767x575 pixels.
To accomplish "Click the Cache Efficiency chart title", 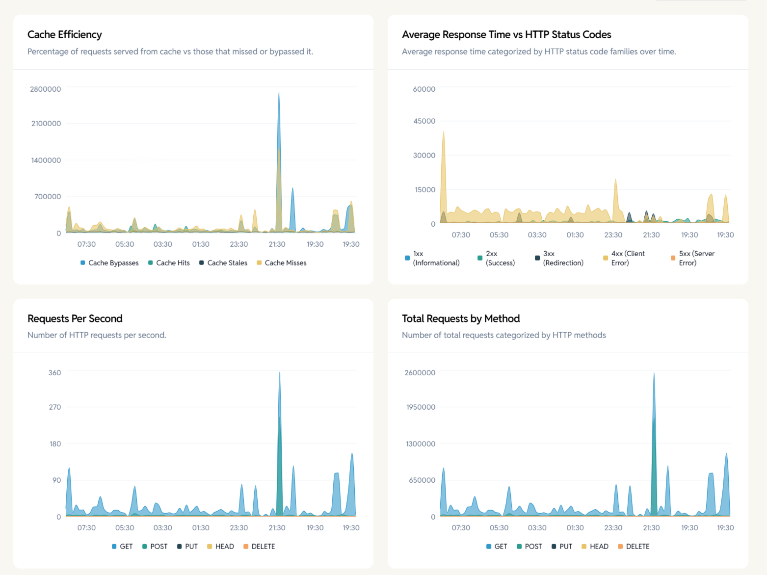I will pyautogui.click(x=64, y=34).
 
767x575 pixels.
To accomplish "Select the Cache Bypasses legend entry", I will pyautogui.click(x=109, y=263).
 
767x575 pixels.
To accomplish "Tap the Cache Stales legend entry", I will pyautogui.click(x=223, y=263).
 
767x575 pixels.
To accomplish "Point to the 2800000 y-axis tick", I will pyautogui.click(x=45, y=89).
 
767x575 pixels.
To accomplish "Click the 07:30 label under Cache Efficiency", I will pyautogui.click(x=86, y=244).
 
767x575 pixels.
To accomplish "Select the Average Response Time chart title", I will pyautogui.click(x=506, y=34).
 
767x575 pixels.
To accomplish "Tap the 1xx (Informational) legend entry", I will pyautogui.click(x=432, y=258).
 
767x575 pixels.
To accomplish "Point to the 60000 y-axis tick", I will pyautogui.click(x=424, y=89).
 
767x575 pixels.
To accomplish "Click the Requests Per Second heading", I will pyautogui.click(x=75, y=318).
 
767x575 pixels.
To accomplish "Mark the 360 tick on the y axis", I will pyautogui.click(x=54, y=373).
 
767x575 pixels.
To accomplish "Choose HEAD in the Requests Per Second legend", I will pyautogui.click(x=220, y=547).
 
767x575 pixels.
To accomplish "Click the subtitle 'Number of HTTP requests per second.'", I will pyautogui.click(x=97, y=335).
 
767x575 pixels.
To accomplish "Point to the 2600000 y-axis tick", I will pyautogui.click(x=420, y=373).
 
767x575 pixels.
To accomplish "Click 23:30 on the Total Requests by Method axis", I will pyautogui.click(x=613, y=528).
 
